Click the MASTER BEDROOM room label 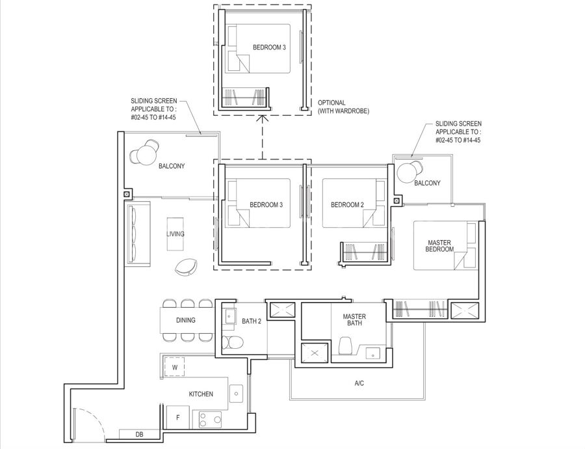[439, 246]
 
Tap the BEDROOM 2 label [347, 205]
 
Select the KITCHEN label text [201, 394]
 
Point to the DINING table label [185, 320]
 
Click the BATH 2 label [252, 321]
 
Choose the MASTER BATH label [354, 320]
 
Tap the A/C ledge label [359, 383]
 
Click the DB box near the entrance [139, 435]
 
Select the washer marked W [175, 367]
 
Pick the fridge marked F [178, 417]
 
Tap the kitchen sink [236, 393]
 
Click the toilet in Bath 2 [233, 342]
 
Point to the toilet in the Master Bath [346, 346]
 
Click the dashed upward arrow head [263, 119]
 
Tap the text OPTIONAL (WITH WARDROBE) [343, 107]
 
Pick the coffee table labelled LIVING [175, 234]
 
